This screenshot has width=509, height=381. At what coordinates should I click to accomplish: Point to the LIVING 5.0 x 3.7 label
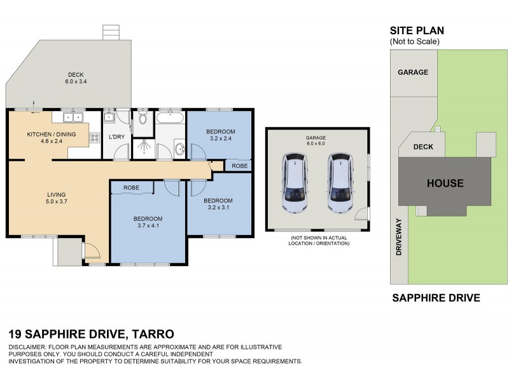[x=55, y=198]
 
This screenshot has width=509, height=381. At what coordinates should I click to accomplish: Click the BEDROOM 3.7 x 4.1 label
[x=148, y=222]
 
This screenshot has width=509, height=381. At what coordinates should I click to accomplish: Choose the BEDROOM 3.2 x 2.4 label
[x=220, y=135]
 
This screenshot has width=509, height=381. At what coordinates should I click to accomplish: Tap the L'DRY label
[x=116, y=137]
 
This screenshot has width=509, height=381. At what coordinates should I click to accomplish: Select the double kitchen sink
[x=74, y=117]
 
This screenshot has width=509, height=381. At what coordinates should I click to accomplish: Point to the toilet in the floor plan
[x=143, y=118]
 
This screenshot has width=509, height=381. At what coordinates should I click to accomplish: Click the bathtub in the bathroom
[x=171, y=117]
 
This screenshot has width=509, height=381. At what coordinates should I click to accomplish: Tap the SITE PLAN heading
[x=416, y=30]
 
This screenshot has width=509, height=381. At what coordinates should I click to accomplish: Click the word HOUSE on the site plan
[x=445, y=184]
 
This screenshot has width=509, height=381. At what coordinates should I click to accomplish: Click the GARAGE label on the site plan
[x=413, y=72]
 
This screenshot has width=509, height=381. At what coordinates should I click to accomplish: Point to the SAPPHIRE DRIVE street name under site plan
[x=435, y=298]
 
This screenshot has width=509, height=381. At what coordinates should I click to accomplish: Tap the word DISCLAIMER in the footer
[x=30, y=347]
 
